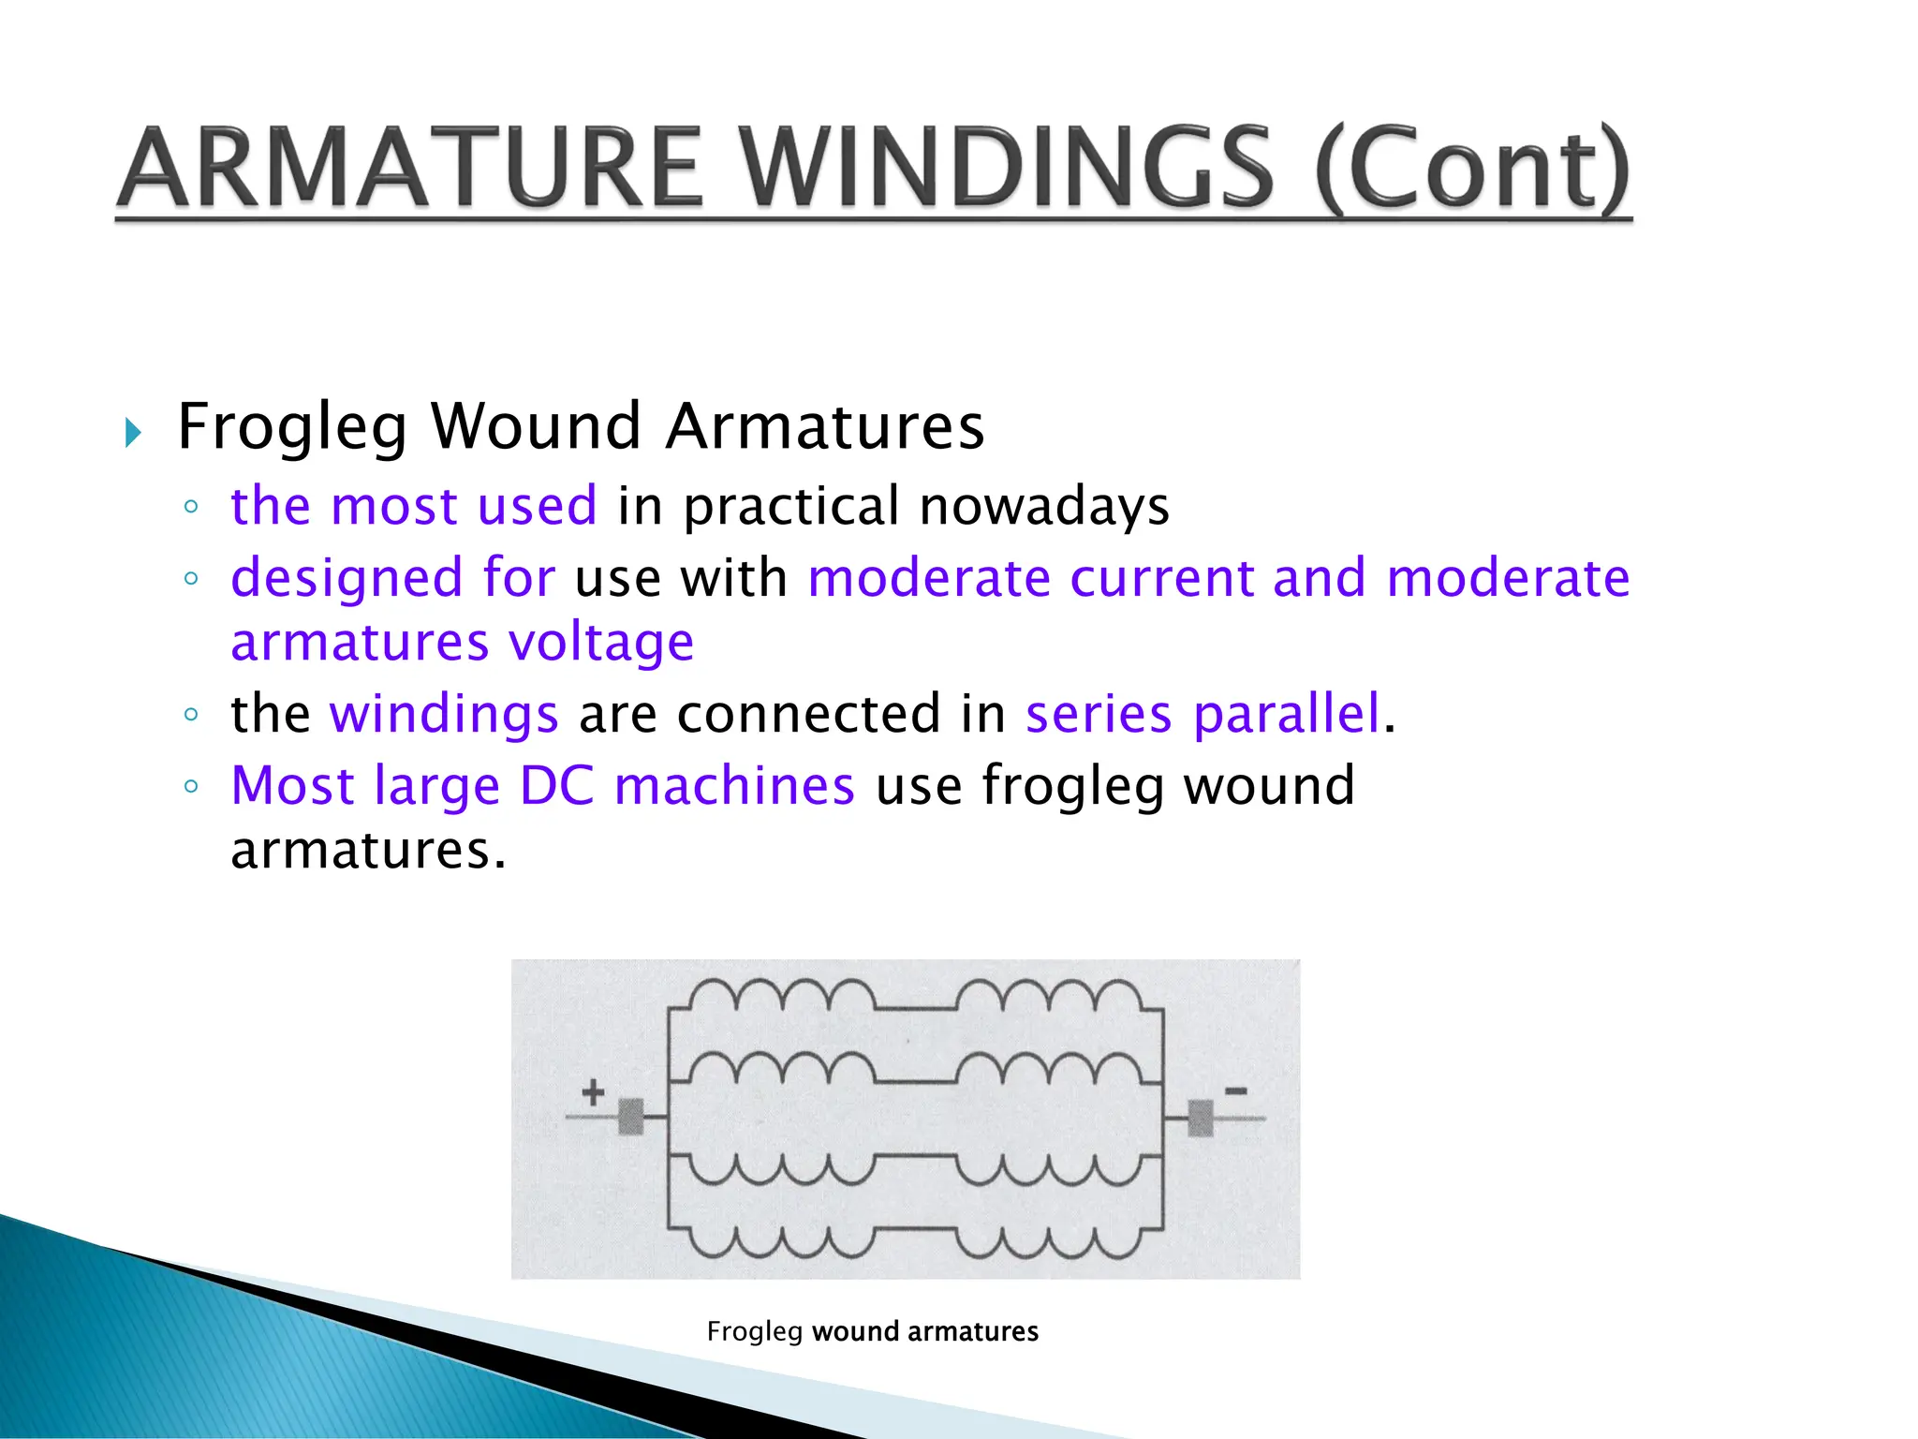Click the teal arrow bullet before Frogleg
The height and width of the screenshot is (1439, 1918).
133,433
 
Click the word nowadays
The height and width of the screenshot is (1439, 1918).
1044,507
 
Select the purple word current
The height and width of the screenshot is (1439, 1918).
1160,578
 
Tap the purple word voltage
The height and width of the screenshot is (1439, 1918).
601,644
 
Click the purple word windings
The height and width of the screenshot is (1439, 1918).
444,714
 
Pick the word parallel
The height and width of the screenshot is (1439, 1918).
1287,714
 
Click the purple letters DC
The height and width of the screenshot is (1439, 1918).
557,785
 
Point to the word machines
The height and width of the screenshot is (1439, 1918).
734,785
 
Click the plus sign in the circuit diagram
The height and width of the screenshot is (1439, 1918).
593,1092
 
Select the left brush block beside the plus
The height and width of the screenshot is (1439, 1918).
631,1117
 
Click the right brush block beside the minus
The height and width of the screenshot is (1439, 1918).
1201,1118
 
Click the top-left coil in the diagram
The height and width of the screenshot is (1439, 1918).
782,996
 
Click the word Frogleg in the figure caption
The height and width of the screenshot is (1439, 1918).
755,1331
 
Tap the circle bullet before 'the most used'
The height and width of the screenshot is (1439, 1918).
191,507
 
